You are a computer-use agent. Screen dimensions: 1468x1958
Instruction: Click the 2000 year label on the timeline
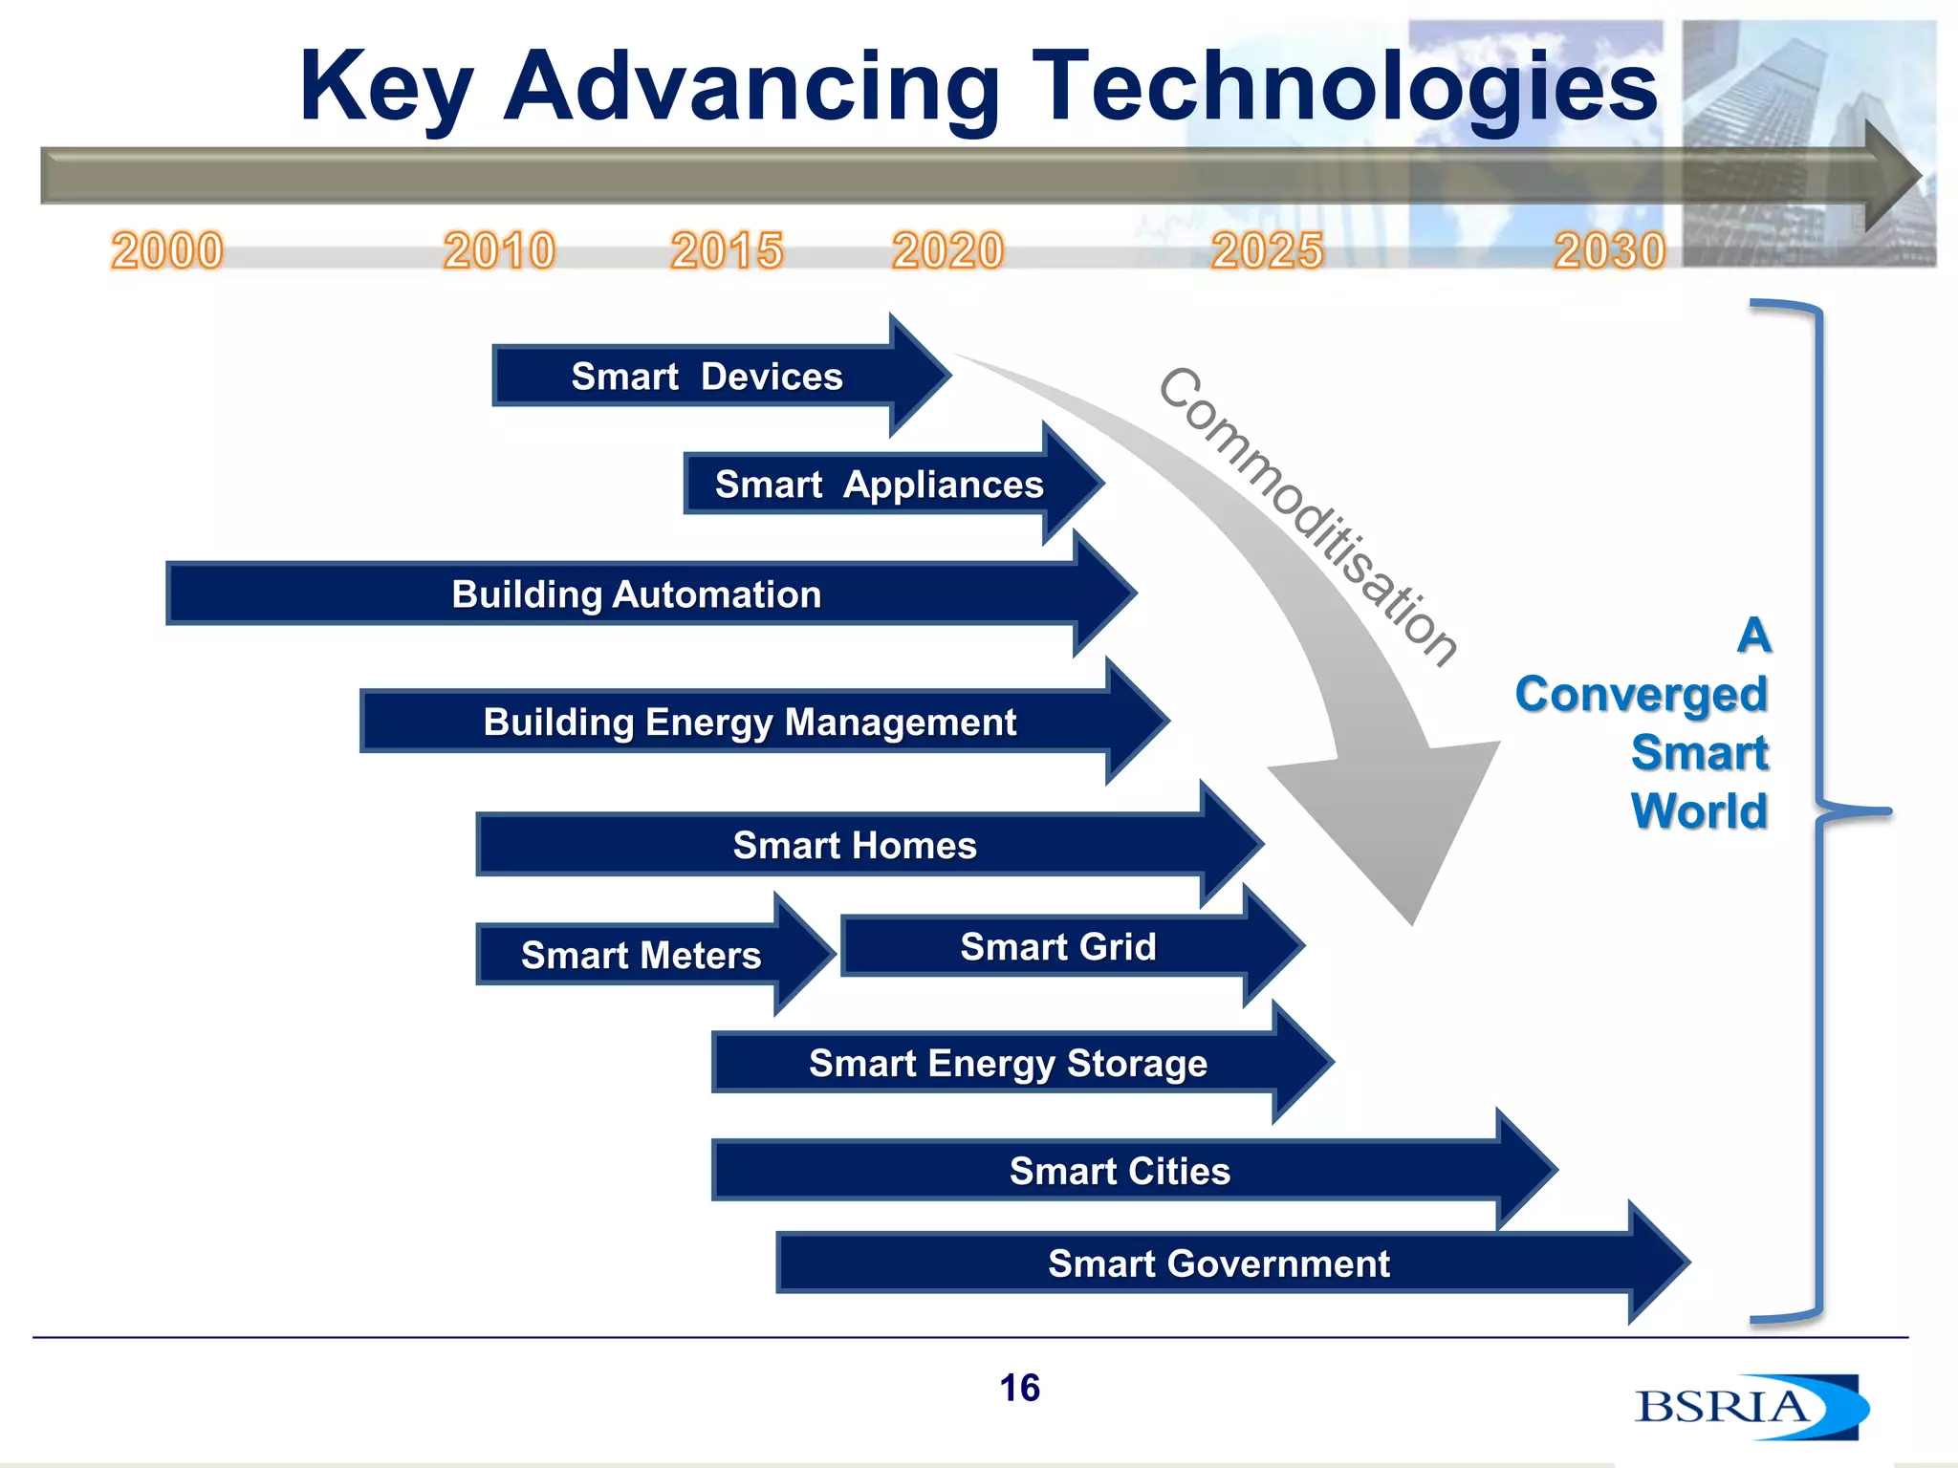[x=167, y=251]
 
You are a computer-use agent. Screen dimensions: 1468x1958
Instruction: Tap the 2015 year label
[x=727, y=251]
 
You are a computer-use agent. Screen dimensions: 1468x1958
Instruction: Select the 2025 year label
[x=1267, y=251]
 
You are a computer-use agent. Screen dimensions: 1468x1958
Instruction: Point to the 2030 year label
[x=1609, y=251]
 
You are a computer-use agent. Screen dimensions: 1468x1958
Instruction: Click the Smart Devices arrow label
[x=707, y=377]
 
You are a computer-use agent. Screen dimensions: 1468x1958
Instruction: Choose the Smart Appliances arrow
[x=879, y=485]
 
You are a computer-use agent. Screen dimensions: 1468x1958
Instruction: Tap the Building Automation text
[x=636, y=594]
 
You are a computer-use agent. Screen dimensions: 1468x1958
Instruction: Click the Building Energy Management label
[x=750, y=723]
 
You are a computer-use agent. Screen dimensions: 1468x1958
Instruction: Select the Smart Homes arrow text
[x=854, y=846]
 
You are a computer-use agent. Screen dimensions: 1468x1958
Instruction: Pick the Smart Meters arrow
[x=641, y=955]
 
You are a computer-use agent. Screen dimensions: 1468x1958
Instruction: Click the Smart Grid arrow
[x=1057, y=947]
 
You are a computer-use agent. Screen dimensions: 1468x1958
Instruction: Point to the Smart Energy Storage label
[x=1008, y=1064]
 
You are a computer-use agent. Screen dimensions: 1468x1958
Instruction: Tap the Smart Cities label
[x=1120, y=1172]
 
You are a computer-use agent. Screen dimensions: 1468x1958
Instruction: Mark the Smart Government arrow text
[x=1218, y=1264]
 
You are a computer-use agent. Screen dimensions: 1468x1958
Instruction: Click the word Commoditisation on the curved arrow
[x=1306, y=516]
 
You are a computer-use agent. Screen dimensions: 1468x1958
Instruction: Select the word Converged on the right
[x=1641, y=695]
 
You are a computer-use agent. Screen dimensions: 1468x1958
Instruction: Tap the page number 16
[x=1019, y=1388]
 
